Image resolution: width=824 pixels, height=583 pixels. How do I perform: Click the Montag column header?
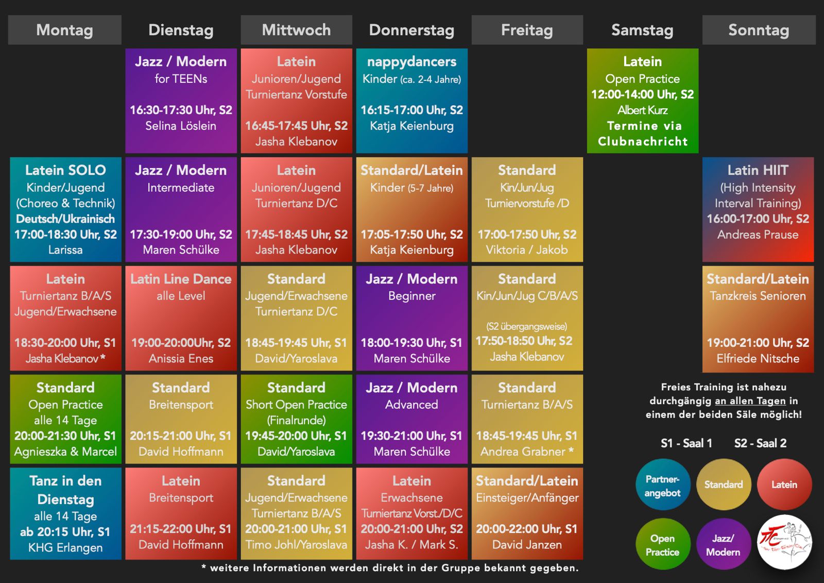pyautogui.click(x=65, y=30)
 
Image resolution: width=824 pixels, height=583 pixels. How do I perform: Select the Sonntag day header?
pyautogui.click(x=759, y=30)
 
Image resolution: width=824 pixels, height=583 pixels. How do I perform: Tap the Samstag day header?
pyautogui.click(x=642, y=30)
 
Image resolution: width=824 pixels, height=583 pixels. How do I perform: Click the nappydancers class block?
pyautogui.click(x=411, y=101)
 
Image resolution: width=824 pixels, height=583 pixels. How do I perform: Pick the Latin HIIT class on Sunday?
pyautogui.click(x=758, y=209)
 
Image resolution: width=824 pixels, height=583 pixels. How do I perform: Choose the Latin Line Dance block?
pyautogui.click(x=181, y=318)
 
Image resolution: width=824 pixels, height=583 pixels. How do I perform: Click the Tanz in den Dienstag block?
pyautogui.click(x=65, y=513)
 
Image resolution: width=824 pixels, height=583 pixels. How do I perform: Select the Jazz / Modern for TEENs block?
pyautogui.click(x=181, y=101)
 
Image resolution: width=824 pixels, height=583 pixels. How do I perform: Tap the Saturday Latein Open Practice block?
pyautogui.click(x=642, y=101)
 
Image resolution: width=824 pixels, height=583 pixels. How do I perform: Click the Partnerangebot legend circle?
pyautogui.click(x=662, y=485)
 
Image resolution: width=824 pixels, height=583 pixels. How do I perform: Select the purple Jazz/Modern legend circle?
pyautogui.click(x=723, y=544)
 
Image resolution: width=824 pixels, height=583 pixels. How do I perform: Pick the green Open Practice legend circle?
pyautogui.click(x=662, y=544)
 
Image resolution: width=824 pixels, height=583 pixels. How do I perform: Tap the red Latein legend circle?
pyautogui.click(x=784, y=485)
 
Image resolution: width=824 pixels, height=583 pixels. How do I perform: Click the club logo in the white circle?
pyautogui.click(x=784, y=543)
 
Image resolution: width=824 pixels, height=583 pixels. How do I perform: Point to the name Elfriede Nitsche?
pyautogui.click(x=758, y=359)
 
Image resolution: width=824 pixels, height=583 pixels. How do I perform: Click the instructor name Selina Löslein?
pyautogui.click(x=181, y=126)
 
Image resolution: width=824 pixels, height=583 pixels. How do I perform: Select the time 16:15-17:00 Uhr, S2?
pyautogui.click(x=411, y=110)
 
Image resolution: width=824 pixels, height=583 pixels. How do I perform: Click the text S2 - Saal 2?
pyautogui.click(x=760, y=443)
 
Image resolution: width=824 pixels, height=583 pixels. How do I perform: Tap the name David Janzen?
pyautogui.click(x=527, y=545)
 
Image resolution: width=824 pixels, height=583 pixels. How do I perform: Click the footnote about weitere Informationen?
pyautogui.click(x=390, y=568)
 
